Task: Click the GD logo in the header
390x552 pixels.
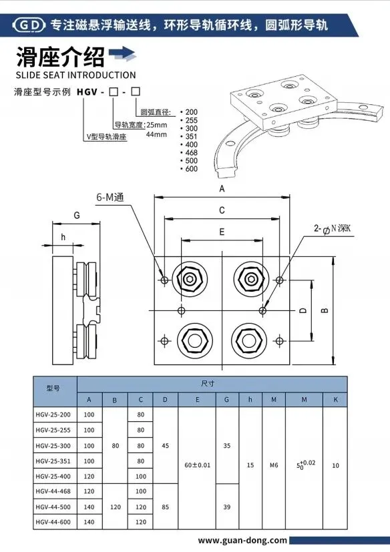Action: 29,25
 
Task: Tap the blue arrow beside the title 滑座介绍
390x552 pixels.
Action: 122,54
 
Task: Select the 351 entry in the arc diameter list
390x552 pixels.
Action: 190,137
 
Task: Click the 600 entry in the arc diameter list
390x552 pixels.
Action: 190,169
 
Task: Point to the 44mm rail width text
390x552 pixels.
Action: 156,134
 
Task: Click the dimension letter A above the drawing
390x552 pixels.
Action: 222,189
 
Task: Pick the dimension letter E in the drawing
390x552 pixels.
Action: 222,232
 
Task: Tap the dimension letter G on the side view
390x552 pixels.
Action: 77,215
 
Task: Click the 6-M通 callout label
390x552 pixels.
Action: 110,198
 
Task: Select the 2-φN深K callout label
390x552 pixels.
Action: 333,229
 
